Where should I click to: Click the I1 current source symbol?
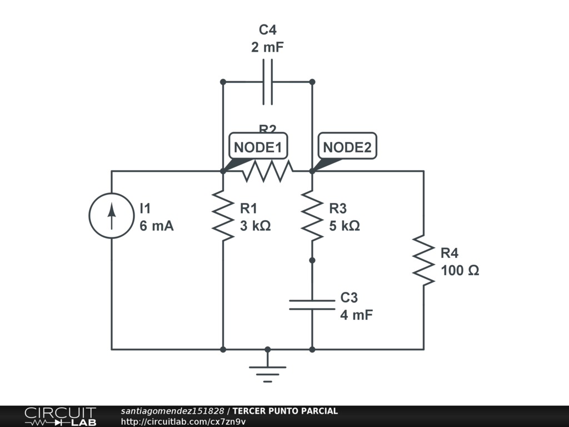click(112, 216)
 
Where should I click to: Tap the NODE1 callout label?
click(258, 147)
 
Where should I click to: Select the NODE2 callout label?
click(347, 147)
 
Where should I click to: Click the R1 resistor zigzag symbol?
click(223, 216)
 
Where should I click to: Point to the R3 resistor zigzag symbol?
click(312, 216)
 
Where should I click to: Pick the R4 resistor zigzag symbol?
click(423, 260)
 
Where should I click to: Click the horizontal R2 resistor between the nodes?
click(267, 171)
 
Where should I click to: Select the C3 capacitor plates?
click(312, 305)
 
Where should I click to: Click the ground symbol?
click(267, 370)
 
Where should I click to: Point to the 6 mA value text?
click(157, 226)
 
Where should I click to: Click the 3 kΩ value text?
click(255, 226)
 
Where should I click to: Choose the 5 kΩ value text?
click(345, 226)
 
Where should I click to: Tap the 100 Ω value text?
click(460, 271)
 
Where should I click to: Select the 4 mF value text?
click(356, 315)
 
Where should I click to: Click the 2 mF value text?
click(267, 47)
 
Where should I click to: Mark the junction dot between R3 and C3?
click(312, 260)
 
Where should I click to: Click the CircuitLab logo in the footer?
click(60, 416)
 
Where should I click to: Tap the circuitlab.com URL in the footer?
click(183, 421)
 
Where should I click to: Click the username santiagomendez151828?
click(172, 411)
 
